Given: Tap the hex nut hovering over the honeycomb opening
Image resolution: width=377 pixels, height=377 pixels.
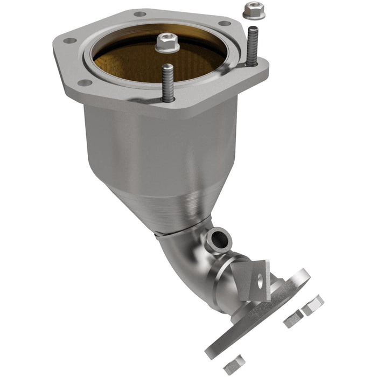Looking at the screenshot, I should [167, 43].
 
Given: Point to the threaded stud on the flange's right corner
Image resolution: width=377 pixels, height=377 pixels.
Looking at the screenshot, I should [252, 47].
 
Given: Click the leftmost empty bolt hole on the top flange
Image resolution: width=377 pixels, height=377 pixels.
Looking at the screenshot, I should [69, 40].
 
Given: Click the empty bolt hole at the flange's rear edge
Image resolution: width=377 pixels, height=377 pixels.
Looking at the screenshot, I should [139, 14].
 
